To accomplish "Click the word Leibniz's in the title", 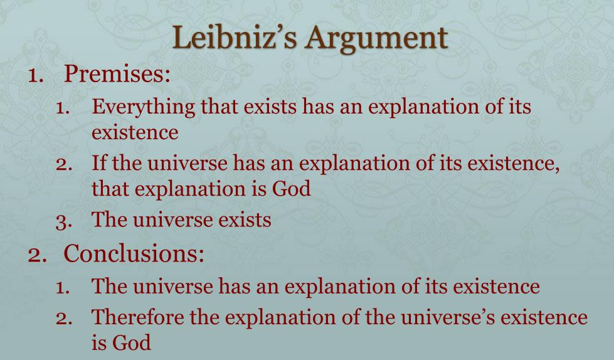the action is point(235,38).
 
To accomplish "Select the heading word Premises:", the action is point(117,73).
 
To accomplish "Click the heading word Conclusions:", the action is point(134,253).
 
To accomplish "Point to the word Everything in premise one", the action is point(144,107).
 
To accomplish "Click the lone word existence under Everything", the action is point(135,132).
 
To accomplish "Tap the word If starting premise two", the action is point(99,163).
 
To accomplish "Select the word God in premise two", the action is point(291,188).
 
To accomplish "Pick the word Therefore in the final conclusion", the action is point(138,317).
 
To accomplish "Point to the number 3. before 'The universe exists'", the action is point(64,221).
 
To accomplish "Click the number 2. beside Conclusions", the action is point(38,255).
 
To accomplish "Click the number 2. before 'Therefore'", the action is point(64,319).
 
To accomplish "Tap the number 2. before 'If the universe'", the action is point(64,165).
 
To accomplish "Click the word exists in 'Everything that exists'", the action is point(270,107).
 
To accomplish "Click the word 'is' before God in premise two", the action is point(259,188).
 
